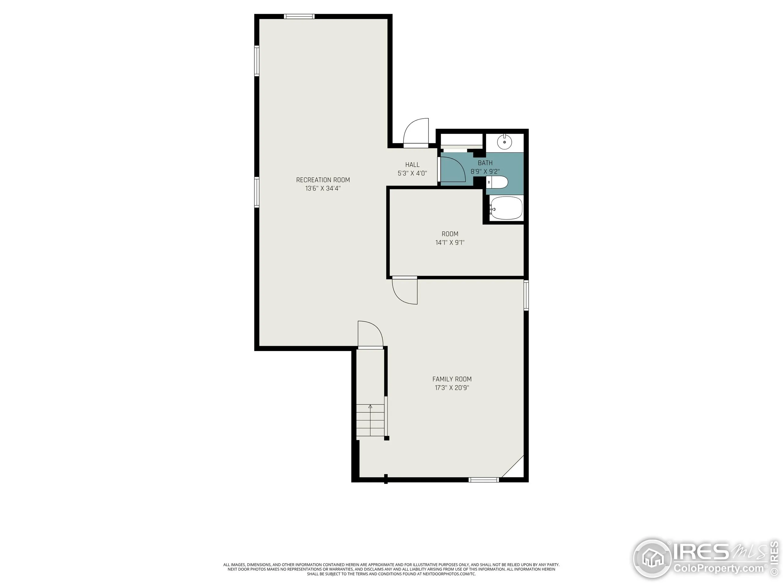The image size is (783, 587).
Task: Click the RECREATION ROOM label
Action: (323, 180)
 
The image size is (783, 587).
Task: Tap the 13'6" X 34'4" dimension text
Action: (323, 189)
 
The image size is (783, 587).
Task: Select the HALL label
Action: (412, 164)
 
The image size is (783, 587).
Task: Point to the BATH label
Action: (485, 163)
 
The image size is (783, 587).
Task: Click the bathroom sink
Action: (504, 142)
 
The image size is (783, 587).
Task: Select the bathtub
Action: (506, 208)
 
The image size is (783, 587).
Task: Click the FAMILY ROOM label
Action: (452, 379)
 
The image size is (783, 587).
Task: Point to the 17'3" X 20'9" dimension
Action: (452, 388)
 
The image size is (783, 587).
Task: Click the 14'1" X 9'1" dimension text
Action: (450, 242)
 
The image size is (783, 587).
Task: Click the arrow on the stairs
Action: (370, 407)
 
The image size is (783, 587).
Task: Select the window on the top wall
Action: (299, 16)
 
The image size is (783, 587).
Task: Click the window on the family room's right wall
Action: (526, 295)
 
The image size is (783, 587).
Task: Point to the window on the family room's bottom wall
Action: (484, 480)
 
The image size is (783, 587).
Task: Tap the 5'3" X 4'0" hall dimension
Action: (412, 173)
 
